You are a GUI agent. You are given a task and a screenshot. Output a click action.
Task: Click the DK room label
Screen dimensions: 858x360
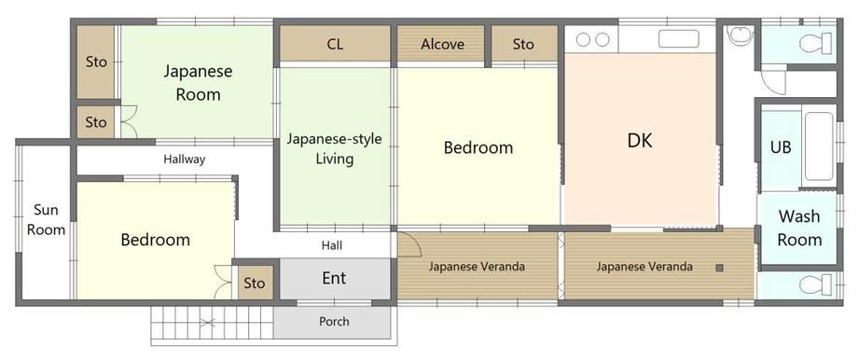tap(640, 141)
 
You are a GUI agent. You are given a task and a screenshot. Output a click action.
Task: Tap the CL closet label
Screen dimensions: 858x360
tap(335, 45)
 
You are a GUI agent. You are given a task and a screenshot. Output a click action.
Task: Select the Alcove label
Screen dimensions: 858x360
tap(442, 45)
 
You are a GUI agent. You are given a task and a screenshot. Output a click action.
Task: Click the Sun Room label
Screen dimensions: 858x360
tap(46, 219)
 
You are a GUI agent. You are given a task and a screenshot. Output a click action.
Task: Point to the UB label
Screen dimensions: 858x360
tap(781, 147)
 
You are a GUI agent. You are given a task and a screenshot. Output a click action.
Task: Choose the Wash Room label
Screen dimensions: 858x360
tap(799, 228)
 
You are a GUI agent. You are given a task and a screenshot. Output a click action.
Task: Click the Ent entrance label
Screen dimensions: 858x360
tap(334, 278)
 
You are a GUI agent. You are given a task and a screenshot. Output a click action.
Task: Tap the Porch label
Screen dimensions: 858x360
tap(334, 321)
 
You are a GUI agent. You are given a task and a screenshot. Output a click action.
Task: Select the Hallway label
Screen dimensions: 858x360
tap(185, 159)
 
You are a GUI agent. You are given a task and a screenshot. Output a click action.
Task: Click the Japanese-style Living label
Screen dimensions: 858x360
tap(334, 148)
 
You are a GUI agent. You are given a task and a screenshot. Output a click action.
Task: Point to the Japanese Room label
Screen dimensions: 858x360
tap(198, 83)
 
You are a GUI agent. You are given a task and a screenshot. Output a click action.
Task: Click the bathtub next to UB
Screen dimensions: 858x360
tap(819, 146)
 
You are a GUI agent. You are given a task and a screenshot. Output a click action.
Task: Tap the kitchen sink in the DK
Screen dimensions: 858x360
tap(679, 39)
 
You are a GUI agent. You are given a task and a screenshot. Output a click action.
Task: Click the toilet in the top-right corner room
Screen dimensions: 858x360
tap(815, 43)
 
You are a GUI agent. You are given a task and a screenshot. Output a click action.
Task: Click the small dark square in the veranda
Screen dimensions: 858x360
tap(720, 268)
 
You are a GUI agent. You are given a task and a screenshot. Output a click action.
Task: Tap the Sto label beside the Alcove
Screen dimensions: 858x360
tap(523, 45)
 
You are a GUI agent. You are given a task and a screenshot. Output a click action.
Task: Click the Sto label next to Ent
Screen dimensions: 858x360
tap(254, 283)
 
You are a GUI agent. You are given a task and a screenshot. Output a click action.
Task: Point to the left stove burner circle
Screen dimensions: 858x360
tap(584, 39)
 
